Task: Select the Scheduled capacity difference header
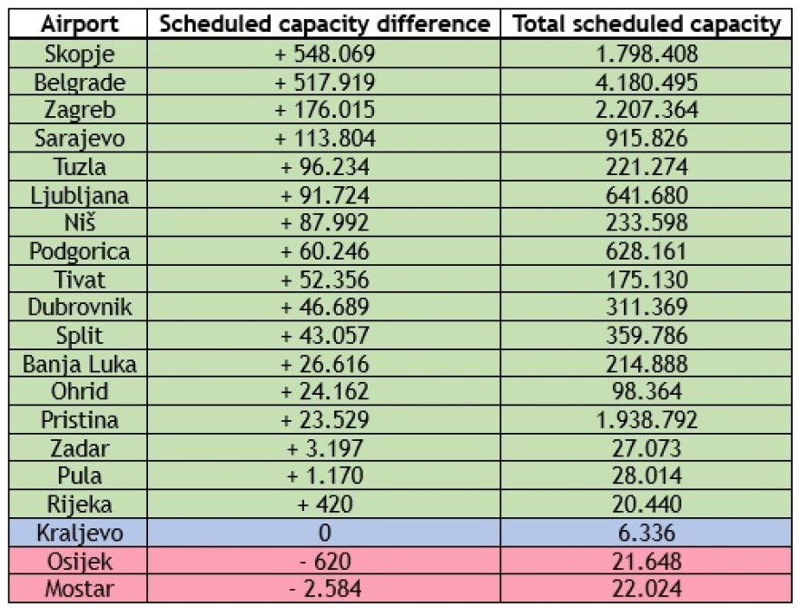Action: pyautogui.click(x=324, y=25)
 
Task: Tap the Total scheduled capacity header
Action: pyautogui.click(x=647, y=25)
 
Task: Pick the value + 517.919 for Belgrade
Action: pyautogui.click(x=324, y=83)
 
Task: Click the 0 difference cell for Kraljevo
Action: pyautogui.click(x=324, y=534)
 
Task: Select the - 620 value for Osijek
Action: pyautogui.click(x=324, y=563)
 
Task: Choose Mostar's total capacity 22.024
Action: pyautogui.click(x=647, y=591)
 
